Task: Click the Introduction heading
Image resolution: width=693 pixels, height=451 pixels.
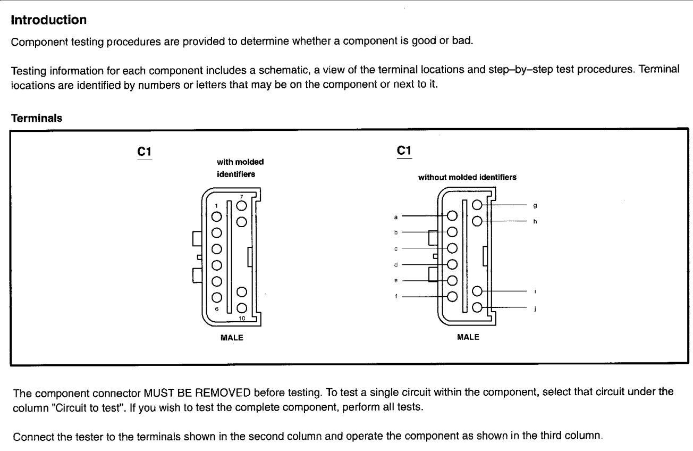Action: tap(49, 21)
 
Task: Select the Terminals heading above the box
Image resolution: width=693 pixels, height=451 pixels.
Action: tap(37, 119)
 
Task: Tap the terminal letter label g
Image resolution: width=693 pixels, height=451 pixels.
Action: tap(534, 205)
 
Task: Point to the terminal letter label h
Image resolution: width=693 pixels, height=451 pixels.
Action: tap(534, 221)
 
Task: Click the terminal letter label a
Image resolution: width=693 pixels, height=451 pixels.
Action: tap(396, 216)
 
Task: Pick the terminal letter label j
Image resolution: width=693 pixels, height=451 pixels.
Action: tap(534, 308)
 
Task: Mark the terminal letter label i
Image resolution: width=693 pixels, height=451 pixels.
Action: tap(534, 291)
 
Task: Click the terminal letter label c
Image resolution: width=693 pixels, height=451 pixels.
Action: tap(396, 248)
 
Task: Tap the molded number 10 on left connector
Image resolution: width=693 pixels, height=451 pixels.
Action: tap(242, 318)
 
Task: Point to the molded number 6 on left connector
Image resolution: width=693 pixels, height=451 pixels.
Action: tap(217, 308)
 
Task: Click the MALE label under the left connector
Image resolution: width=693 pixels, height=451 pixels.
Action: tap(232, 337)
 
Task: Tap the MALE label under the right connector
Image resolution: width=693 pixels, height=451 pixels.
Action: tap(468, 337)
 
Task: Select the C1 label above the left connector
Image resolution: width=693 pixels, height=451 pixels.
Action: tap(145, 152)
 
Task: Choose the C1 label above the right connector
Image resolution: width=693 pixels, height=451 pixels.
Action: tap(404, 151)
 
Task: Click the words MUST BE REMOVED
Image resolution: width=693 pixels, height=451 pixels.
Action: tap(198, 394)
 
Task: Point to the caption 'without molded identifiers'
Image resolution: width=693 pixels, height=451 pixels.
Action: tap(467, 178)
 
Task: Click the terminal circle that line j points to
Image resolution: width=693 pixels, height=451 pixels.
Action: tap(477, 307)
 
